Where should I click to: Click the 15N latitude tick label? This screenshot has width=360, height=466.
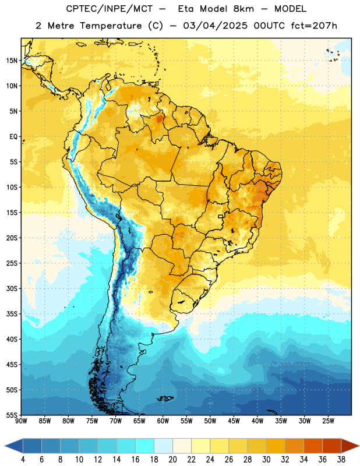coord(12,61)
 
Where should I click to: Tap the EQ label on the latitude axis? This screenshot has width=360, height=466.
coord(13,137)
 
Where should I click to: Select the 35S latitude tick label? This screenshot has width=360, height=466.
coord(12,314)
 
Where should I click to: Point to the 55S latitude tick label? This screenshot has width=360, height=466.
coord(12,415)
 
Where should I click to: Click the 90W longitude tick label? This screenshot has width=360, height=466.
coord(21,421)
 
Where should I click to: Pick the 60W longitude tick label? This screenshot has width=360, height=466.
coord(163,421)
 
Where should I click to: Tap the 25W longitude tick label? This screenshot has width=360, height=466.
coord(328,421)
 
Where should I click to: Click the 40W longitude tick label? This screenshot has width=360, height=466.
coord(257,421)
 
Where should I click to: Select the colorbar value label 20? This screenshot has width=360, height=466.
coord(172,460)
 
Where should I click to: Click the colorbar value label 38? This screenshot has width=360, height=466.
coord(341,460)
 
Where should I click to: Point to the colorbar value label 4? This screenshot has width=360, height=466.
coord(23,460)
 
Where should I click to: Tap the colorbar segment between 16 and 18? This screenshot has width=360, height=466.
coord(145,446)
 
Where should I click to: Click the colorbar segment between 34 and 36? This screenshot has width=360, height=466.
coord(313,446)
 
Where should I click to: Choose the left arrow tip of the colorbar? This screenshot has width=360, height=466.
coord(5,446)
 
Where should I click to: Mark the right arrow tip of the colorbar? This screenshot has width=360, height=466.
coord(359,446)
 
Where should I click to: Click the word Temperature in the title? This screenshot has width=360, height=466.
coord(111,26)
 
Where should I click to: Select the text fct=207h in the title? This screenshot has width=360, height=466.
coord(314,26)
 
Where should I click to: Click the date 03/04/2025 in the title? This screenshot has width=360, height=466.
coord(215,26)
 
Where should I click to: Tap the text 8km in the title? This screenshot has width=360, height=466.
coord(243,9)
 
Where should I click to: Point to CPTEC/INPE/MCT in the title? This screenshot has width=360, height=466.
coord(110,9)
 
